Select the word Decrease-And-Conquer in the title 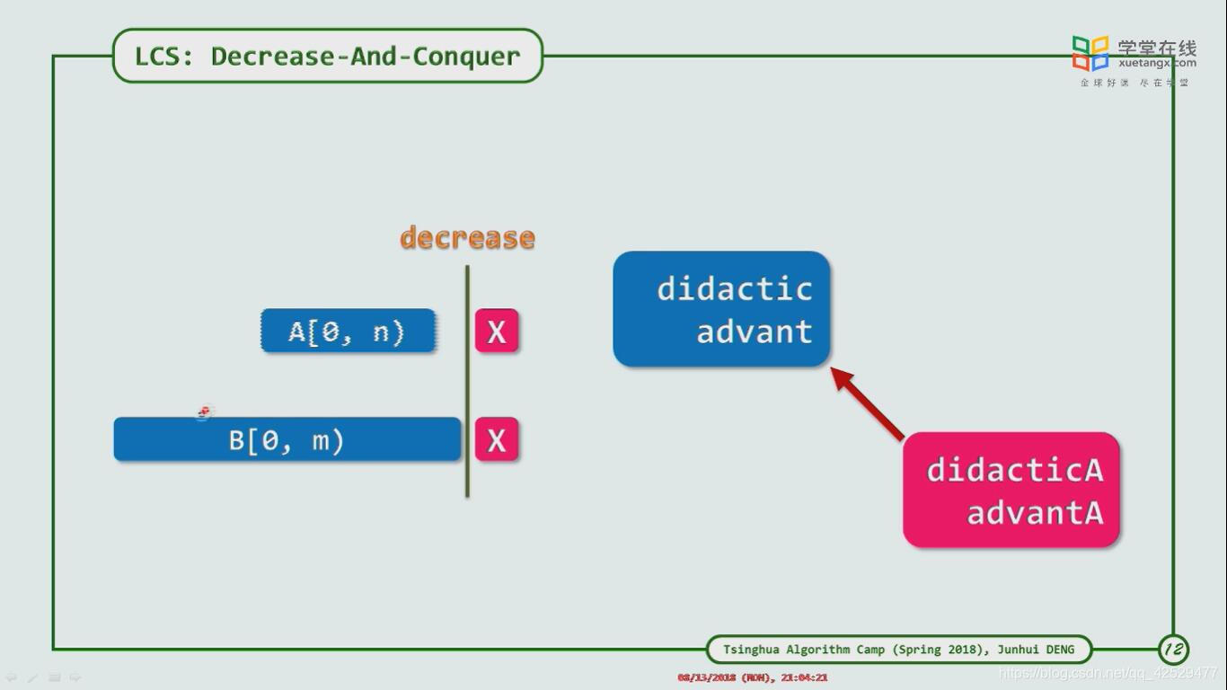[366, 56]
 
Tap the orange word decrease [467, 238]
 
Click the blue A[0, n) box [348, 332]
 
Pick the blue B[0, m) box [287, 440]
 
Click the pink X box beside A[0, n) [497, 332]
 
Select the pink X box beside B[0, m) [497, 440]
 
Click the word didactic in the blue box [734, 288]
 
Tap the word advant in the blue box [754, 332]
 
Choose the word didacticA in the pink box [1014, 470]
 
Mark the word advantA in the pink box [1034, 513]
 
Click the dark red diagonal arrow [868, 403]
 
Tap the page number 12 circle [1173, 649]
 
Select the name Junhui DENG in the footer [1035, 649]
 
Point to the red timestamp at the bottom [752, 677]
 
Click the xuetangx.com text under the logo [1157, 63]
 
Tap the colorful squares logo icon [1090, 53]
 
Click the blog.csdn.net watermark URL [1108, 672]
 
